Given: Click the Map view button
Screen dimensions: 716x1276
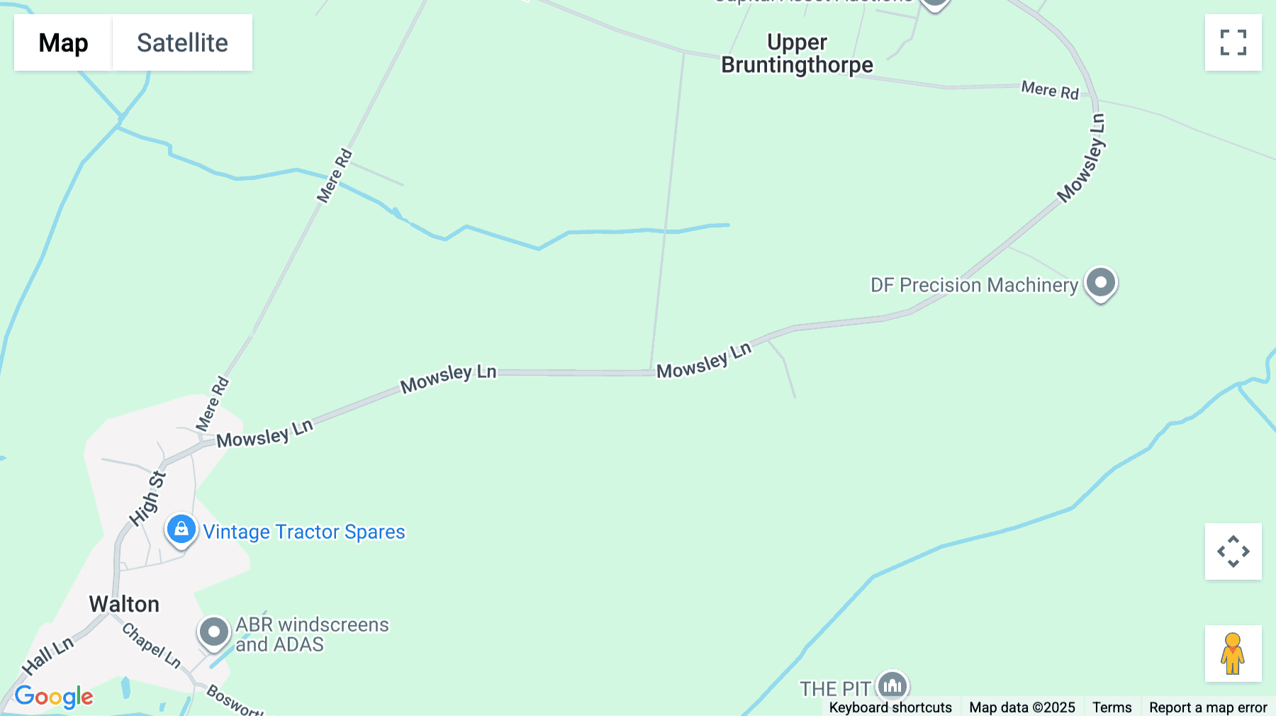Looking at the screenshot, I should (63, 43).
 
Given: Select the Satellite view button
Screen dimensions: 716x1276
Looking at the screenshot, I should (182, 43).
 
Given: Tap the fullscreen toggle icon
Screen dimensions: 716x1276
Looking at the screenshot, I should (1233, 43).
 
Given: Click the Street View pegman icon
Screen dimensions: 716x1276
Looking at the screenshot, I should (1233, 654).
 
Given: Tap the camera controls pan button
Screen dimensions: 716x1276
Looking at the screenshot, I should (1233, 552).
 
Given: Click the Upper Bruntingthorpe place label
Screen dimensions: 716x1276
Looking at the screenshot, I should (797, 54).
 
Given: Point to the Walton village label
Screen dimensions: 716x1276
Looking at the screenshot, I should (124, 604).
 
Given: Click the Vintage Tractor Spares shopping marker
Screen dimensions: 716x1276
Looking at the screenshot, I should (181, 530).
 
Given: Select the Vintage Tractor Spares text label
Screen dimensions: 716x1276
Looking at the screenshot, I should (304, 532).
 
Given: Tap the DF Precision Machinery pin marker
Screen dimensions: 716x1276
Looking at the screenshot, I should (1100, 283).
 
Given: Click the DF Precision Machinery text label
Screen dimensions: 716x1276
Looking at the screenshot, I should (974, 285).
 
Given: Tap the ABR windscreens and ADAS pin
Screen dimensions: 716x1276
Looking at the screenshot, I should (213, 631).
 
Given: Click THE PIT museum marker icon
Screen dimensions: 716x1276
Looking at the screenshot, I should (892, 686).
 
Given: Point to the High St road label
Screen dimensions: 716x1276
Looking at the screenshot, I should (147, 499).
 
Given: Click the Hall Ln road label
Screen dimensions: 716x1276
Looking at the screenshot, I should (47, 656).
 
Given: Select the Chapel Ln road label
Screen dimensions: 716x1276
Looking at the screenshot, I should (152, 645).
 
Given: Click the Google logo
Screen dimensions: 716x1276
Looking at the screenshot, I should (54, 696).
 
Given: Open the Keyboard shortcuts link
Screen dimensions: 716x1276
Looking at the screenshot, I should (890, 707).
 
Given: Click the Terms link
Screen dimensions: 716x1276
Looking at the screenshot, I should (1112, 707).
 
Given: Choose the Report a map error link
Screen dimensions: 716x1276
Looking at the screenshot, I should (1208, 707).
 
